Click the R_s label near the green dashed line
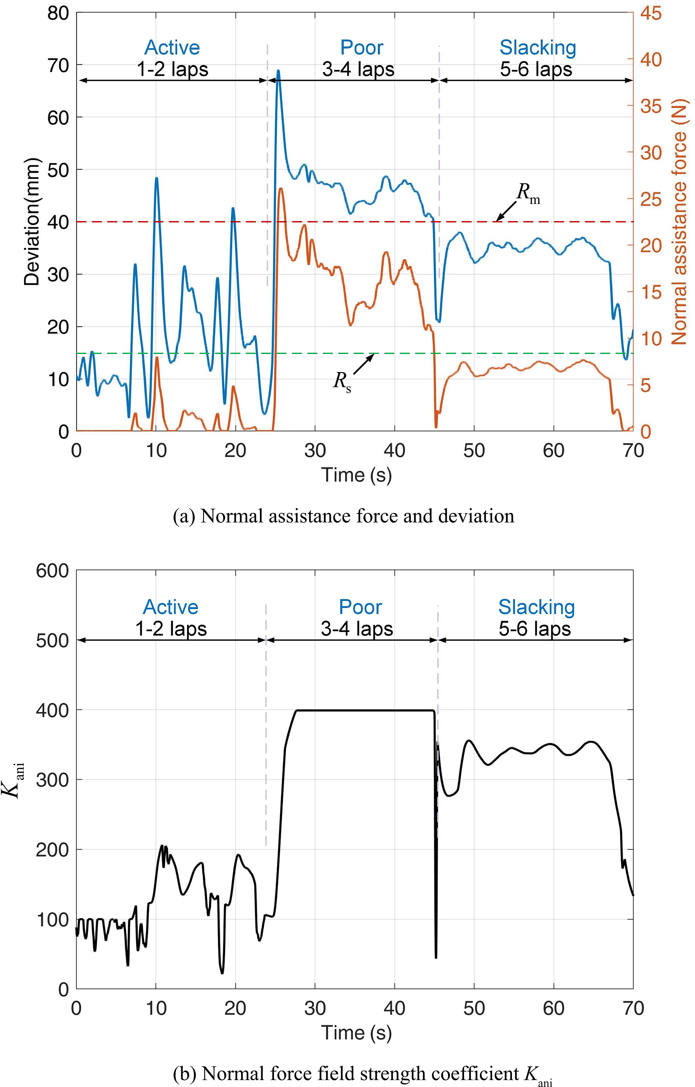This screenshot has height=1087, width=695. coord(342,382)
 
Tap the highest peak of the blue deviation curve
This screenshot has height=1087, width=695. coord(278,71)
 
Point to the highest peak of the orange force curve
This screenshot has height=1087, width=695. coord(281,189)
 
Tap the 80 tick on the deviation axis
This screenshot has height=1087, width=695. coord(58,13)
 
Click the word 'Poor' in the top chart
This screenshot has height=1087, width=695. coord(361,47)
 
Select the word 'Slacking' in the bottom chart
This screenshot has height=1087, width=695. coord(536,607)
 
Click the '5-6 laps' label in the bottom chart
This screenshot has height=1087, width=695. coord(535,629)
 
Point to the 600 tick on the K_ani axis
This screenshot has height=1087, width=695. coord(52,570)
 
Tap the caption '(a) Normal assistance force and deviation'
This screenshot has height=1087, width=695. coord(343,516)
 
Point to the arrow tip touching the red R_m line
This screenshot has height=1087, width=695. coord(497,220)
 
